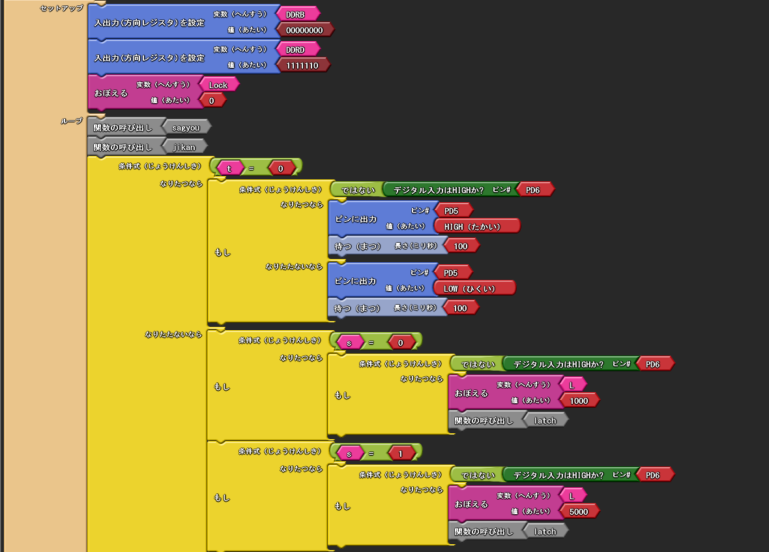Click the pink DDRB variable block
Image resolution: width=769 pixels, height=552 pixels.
pyautogui.click(x=298, y=14)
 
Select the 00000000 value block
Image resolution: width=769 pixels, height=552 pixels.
pyautogui.click(x=304, y=30)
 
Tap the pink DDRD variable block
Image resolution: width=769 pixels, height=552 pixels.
pyautogui.click(x=298, y=50)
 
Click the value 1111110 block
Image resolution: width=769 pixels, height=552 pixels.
pyautogui.click(x=302, y=65)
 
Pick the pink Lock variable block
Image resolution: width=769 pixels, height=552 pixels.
pyautogui.click(x=219, y=85)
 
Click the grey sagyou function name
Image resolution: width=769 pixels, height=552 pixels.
pyautogui.click(x=186, y=128)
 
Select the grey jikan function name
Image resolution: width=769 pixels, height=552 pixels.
pyautogui.click(x=184, y=147)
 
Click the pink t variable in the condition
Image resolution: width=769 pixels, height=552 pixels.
pyautogui.click(x=229, y=168)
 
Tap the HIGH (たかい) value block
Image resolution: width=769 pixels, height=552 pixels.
pyautogui.click(x=476, y=226)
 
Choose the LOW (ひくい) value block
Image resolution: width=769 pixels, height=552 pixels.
pyautogui.click(x=474, y=288)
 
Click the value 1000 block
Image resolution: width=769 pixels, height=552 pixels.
pyautogui.click(x=579, y=400)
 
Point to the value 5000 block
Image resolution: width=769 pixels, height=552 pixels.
pyautogui.click(x=579, y=512)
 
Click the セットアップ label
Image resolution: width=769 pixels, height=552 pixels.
pyautogui.click(x=61, y=8)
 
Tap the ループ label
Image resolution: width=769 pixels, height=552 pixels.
pyautogui.click(x=71, y=121)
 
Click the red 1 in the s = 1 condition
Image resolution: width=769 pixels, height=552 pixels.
pyautogui.click(x=401, y=453)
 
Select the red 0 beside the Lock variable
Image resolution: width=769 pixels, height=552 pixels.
pyautogui.click(x=212, y=100)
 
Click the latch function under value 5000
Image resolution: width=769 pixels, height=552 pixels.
pyautogui.click(x=545, y=531)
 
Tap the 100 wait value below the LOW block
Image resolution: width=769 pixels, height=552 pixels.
pyautogui.click(x=460, y=308)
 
